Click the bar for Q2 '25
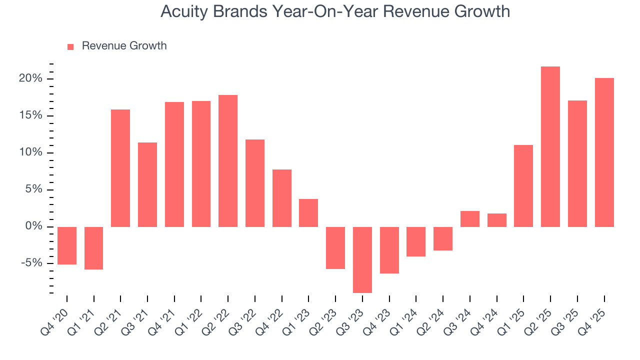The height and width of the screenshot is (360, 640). [550, 146]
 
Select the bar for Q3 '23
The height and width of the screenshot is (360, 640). [362, 259]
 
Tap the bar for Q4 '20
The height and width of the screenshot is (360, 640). [67, 245]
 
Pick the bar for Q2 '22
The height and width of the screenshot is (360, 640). [228, 161]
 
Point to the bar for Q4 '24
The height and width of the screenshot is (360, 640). [496, 220]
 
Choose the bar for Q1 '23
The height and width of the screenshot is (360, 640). [308, 213]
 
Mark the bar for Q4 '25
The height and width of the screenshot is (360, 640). [604, 152]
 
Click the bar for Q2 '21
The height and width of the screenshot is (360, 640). [120, 168]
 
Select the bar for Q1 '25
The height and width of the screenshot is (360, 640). [523, 186]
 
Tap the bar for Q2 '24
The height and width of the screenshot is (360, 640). [443, 238]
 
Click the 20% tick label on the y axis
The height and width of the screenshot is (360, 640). [31, 79]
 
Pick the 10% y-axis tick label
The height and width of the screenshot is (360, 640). [31, 153]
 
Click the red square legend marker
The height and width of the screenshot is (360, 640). [70, 46]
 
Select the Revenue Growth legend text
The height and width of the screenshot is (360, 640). [124, 46]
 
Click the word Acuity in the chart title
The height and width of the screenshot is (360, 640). [181, 11]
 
